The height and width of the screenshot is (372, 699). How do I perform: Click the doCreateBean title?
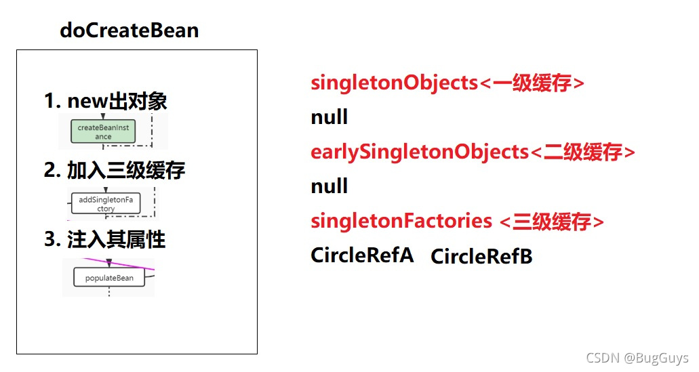pos(129,30)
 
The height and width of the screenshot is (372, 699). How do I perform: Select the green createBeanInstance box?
pos(103,131)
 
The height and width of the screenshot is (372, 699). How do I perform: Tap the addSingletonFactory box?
pos(106,204)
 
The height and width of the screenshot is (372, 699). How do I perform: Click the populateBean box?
pos(109,278)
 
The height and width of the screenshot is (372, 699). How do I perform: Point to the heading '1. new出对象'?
pos(105,102)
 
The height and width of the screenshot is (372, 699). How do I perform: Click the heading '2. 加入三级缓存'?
pos(114,170)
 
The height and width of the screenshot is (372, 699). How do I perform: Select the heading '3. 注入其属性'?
pos(104,239)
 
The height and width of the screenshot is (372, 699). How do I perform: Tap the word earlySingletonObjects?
pos(418,152)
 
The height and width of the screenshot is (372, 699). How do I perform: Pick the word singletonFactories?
pos(401,221)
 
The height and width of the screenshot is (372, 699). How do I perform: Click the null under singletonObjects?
pos(329,117)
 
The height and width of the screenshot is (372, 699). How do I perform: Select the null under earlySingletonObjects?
pos(329,186)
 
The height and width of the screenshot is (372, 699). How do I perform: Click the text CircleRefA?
pos(362,255)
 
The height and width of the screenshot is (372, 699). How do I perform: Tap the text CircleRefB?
pos(481,257)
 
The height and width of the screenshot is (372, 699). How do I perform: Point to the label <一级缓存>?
pos(532,83)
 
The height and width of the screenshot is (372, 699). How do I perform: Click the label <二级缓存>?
pos(582,152)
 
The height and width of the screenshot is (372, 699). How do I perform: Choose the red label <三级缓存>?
pos(551,222)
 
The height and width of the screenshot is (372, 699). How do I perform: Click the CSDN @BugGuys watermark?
pos(637,358)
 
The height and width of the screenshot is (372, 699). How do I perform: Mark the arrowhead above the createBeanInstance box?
pos(103,117)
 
